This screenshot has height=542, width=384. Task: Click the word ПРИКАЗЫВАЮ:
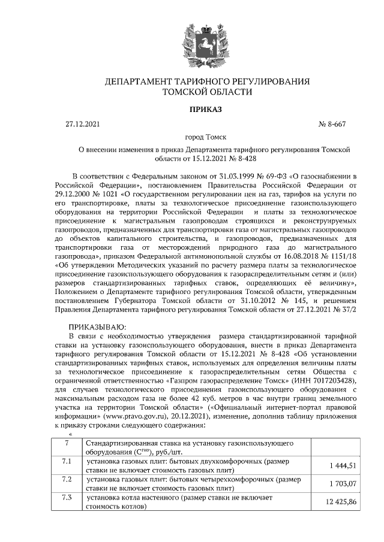[98, 327]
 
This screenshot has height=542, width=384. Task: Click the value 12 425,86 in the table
[339, 502]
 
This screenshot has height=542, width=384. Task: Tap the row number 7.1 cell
[67, 462]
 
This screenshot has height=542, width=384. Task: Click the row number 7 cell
[67, 443]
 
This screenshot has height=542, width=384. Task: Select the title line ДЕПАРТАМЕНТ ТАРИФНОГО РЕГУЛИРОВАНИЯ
[207, 81]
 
